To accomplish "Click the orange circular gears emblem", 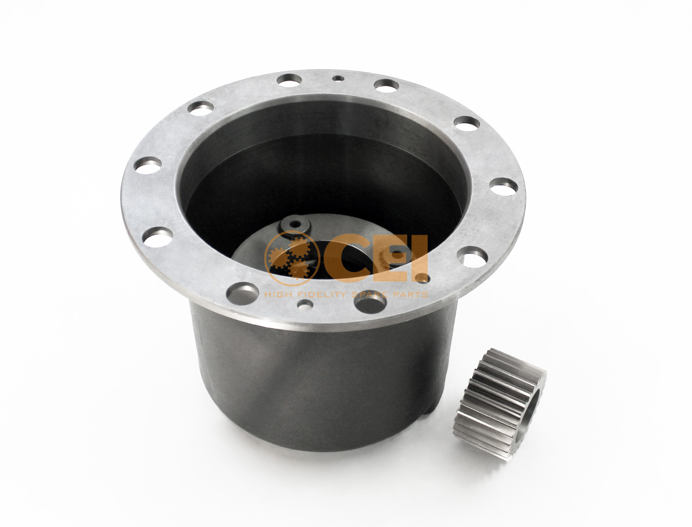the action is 292,259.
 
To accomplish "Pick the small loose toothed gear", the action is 500,403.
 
